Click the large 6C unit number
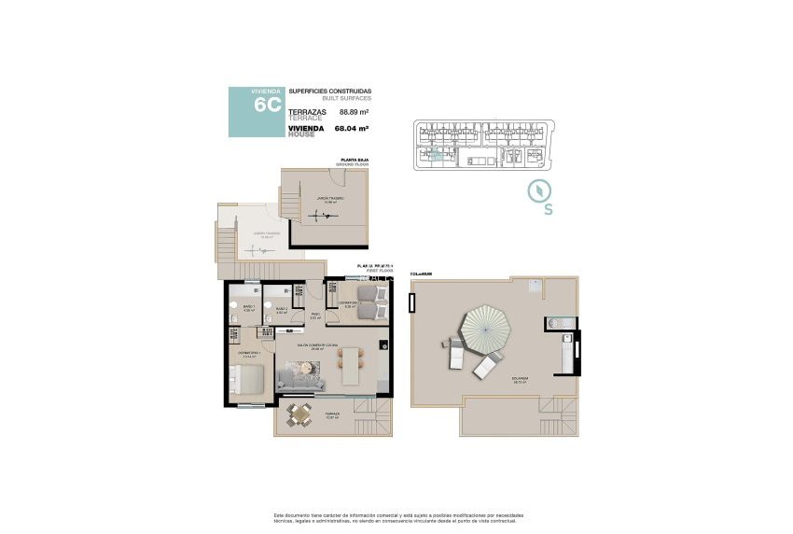click(x=267, y=105)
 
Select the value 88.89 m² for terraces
click(x=354, y=111)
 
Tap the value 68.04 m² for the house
click(x=354, y=130)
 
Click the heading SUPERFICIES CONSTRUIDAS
click(x=329, y=90)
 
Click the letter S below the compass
click(x=548, y=210)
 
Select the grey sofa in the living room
click(x=300, y=377)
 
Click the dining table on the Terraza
click(x=298, y=415)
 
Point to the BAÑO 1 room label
click(x=249, y=308)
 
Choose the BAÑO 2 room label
click(x=281, y=308)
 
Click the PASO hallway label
click(x=315, y=316)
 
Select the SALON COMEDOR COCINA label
click(x=316, y=344)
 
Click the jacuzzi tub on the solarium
click(x=558, y=324)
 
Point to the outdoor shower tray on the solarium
click(x=536, y=286)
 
